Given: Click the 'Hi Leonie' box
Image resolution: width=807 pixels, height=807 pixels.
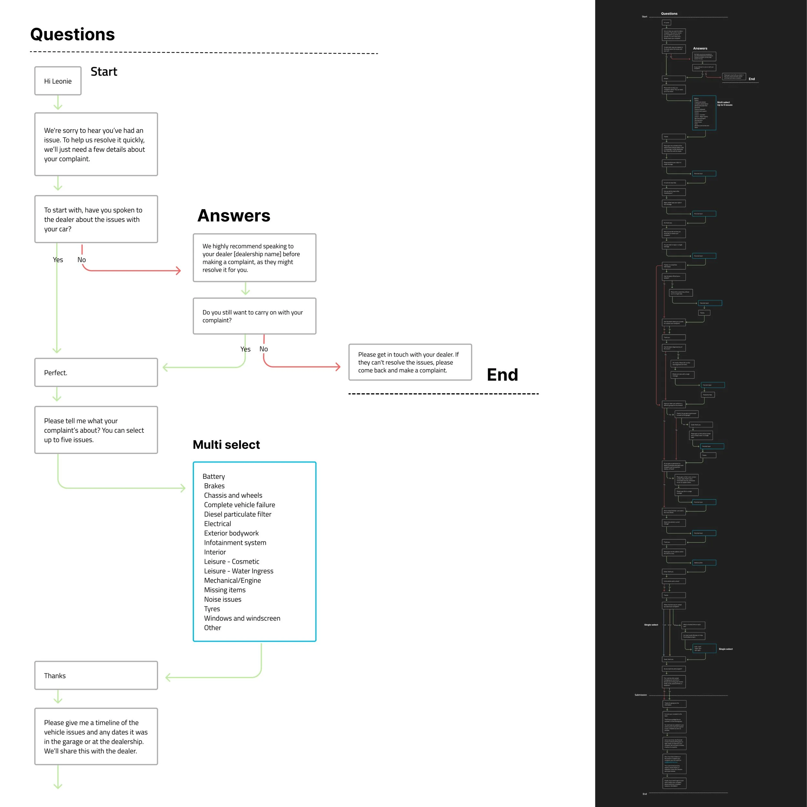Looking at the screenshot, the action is pyautogui.click(x=58, y=81).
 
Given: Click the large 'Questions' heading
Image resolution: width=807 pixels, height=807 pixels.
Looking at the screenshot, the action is pyautogui.click(x=72, y=34).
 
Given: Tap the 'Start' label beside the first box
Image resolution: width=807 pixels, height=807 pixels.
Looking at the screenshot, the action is pyautogui.click(x=104, y=72).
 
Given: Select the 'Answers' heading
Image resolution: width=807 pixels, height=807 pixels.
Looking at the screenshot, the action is pyautogui.click(x=234, y=216).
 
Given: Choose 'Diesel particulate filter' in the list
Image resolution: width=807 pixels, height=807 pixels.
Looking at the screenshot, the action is pyautogui.click(x=237, y=514).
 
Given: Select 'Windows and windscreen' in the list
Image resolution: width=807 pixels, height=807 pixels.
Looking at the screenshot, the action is pyautogui.click(x=242, y=618).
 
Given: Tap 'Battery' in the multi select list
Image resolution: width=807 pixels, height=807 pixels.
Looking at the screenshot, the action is pyautogui.click(x=214, y=477).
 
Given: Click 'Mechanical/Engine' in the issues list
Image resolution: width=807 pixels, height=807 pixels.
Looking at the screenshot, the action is pyautogui.click(x=232, y=580).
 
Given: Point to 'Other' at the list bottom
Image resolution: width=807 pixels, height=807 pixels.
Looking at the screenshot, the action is pyautogui.click(x=212, y=628).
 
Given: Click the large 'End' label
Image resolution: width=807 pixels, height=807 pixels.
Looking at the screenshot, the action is pyautogui.click(x=502, y=375).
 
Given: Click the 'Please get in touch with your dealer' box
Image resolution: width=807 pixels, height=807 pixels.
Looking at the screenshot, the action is pyautogui.click(x=410, y=362).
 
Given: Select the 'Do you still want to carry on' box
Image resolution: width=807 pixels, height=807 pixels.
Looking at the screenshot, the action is pyautogui.click(x=254, y=316).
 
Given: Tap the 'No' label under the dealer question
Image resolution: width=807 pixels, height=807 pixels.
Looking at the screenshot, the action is pyautogui.click(x=81, y=260).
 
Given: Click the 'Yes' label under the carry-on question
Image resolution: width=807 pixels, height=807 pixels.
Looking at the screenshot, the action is pyautogui.click(x=245, y=349).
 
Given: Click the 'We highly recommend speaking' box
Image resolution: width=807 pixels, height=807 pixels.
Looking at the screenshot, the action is pyautogui.click(x=254, y=258).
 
